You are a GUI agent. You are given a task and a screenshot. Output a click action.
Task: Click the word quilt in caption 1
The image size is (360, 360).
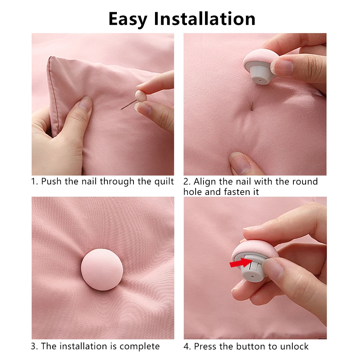pos(163,181)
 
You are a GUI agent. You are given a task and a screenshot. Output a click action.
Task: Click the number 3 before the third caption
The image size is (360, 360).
pos(33,346)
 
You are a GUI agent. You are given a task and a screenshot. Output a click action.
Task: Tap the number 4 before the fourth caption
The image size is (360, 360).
pos(186,346)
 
